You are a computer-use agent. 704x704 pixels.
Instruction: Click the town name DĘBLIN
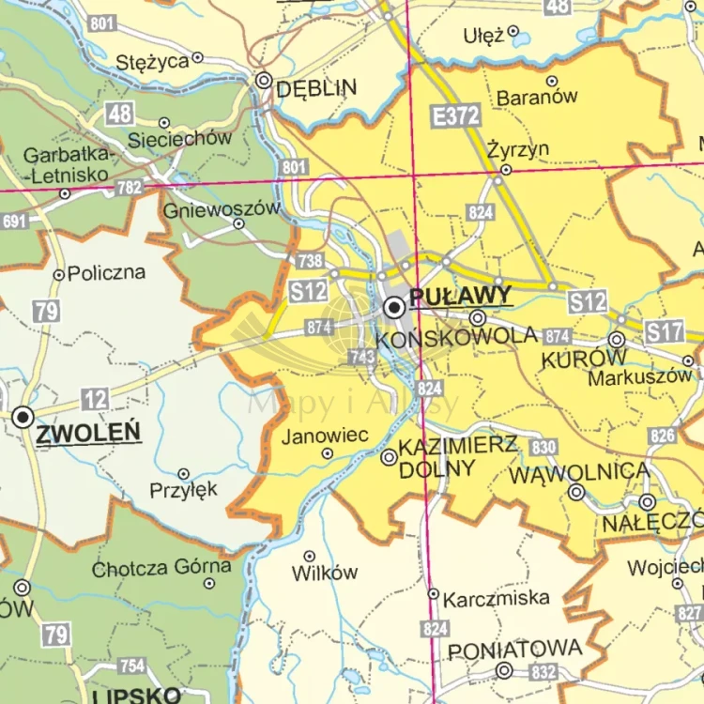pos(316,88)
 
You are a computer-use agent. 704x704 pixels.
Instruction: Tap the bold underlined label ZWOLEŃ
pos(88,433)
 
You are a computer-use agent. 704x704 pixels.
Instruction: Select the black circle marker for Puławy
pos(394,306)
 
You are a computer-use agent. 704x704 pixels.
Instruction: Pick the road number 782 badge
pos(130,188)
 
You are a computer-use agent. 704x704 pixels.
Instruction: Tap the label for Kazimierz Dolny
pos(457,457)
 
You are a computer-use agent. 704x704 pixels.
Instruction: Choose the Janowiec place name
pos(324,435)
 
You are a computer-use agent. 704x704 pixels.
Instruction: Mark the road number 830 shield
pos(543,447)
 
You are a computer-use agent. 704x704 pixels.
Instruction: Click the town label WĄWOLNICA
pos(578,473)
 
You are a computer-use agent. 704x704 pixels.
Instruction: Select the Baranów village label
pos(537,97)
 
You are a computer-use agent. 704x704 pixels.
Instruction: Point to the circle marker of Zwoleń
pos(23,417)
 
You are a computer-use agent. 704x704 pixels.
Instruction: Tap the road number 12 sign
pos(95,400)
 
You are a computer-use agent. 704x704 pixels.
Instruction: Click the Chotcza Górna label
pos(161,567)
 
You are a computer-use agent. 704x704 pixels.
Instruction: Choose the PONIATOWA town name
pos(514,650)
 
